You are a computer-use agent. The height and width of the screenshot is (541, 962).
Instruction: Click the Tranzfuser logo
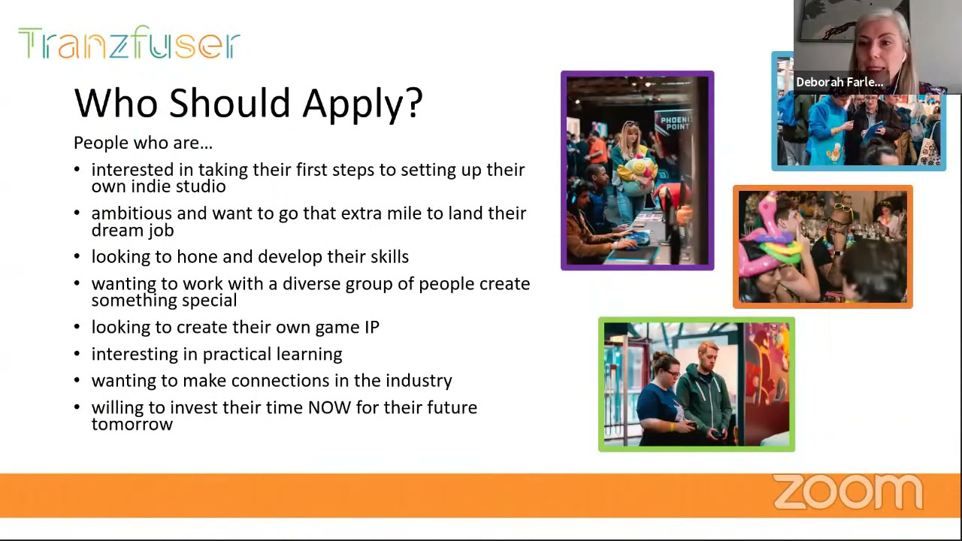tap(129, 43)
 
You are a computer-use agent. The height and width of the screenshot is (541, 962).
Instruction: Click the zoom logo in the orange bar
tap(847, 492)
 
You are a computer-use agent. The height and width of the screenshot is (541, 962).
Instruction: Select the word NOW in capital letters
tap(325, 407)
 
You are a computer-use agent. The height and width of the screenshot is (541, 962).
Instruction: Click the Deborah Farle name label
tap(839, 82)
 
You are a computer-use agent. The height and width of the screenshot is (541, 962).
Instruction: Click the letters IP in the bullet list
tap(371, 327)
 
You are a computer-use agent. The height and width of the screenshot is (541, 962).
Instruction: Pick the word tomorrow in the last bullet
tap(132, 424)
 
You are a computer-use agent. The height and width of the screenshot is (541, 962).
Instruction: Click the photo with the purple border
tap(637, 171)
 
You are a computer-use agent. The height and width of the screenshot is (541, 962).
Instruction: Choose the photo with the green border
tap(696, 385)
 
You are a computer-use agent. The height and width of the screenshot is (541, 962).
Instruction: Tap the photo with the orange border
tap(822, 246)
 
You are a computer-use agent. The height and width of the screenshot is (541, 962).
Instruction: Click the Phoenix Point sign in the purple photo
tap(674, 123)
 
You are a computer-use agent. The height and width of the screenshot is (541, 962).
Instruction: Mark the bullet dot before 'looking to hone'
tap(77, 257)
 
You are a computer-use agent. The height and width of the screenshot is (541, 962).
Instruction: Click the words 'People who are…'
tap(143, 143)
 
